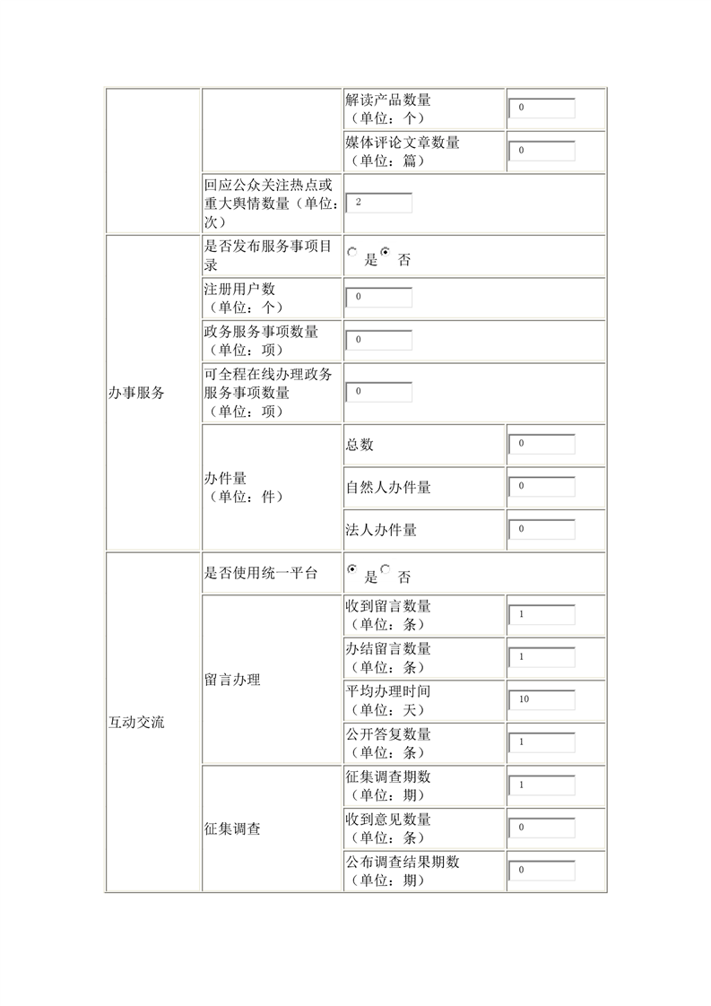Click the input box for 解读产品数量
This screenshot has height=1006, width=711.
[x=542, y=108]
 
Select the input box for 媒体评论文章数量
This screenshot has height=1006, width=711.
[x=542, y=151]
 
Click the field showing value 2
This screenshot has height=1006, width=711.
[x=378, y=203]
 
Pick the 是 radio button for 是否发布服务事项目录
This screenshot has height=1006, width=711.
[x=352, y=253]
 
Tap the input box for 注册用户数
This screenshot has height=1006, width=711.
[x=378, y=297]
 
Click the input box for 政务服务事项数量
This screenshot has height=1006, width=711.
[x=378, y=340]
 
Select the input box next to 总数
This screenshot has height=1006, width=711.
[x=542, y=444]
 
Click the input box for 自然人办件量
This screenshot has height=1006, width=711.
[x=542, y=487]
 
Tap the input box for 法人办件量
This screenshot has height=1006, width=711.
[x=542, y=529]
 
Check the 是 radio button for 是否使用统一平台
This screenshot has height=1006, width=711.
[x=352, y=569]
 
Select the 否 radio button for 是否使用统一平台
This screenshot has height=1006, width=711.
[x=386, y=568]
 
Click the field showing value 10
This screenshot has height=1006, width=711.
[x=542, y=699]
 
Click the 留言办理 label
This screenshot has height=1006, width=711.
[x=232, y=680]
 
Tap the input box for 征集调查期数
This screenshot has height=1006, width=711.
[x=542, y=785]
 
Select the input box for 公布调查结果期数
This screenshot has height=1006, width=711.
[x=542, y=871]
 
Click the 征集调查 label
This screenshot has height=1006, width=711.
[x=232, y=829]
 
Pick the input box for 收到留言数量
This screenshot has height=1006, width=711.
[x=542, y=615]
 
